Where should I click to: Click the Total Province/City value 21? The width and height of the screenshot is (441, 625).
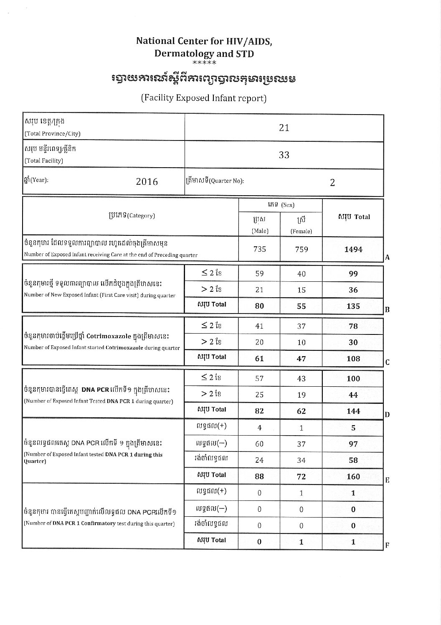[284, 128]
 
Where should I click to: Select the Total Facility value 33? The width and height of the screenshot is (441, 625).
[284, 155]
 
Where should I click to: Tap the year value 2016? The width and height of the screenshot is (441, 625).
[147, 181]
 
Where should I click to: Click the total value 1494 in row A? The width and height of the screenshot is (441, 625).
[353, 250]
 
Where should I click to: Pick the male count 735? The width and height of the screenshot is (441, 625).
[259, 249]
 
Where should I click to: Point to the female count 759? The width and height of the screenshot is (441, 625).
[301, 250]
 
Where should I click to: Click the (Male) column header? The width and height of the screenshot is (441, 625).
[259, 231]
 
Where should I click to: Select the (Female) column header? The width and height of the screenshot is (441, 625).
[301, 231]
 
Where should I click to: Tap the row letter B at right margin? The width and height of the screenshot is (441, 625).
[387, 310]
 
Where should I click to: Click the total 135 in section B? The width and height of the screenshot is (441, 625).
[353, 306]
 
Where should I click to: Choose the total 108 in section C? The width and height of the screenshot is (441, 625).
[353, 359]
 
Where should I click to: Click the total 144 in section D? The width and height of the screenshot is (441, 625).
[353, 411]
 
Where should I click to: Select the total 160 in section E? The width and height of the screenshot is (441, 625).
[353, 477]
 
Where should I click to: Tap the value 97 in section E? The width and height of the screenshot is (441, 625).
[353, 444]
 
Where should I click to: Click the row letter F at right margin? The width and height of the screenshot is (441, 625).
[387, 545]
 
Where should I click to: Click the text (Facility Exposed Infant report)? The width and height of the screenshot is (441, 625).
[204, 98]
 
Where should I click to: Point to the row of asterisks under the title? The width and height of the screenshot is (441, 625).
[204, 63]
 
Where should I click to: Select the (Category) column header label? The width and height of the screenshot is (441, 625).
[131, 216]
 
